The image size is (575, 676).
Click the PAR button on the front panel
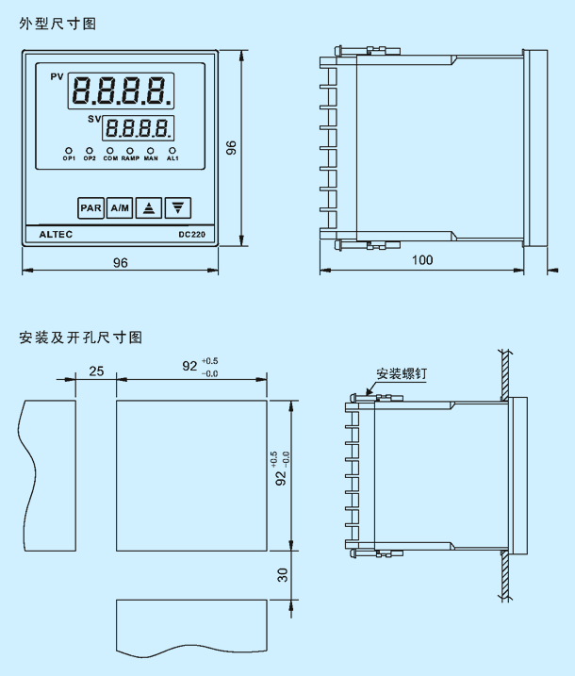(90, 208)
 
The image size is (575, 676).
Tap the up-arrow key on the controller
(149, 208)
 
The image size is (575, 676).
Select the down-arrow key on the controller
(177, 208)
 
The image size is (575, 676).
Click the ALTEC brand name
(56, 235)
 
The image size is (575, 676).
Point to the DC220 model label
(191, 235)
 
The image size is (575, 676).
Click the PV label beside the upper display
(57, 76)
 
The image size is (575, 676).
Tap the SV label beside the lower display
(94, 119)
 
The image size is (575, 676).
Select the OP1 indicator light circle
(69, 151)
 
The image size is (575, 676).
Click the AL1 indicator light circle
(172, 151)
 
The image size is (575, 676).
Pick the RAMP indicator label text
(130, 158)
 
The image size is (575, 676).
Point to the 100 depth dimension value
(422, 260)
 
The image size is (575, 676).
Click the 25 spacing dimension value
(96, 371)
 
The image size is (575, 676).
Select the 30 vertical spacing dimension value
(283, 575)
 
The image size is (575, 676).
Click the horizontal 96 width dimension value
(121, 262)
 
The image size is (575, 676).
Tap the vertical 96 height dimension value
(231, 148)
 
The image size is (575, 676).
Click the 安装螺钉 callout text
(402, 373)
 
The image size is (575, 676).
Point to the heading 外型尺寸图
(57, 24)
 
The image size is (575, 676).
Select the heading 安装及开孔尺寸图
(81, 338)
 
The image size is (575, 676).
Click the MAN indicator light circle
(151, 151)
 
